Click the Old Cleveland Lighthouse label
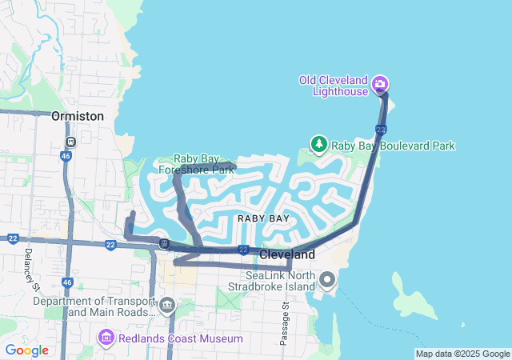click(333, 85)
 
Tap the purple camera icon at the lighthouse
click(381, 84)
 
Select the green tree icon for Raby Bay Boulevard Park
click(319, 143)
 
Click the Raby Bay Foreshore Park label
click(196, 164)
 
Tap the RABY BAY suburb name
click(263, 218)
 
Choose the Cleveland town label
click(287, 254)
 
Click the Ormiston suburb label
click(78, 116)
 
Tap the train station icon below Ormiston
click(71, 142)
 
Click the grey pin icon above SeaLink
click(327, 280)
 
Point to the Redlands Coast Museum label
click(180, 338)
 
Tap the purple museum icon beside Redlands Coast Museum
click(106, 338)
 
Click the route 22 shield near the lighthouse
click(381, 129)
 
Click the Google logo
click(26, 350)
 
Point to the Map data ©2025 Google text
click(462, 354)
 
